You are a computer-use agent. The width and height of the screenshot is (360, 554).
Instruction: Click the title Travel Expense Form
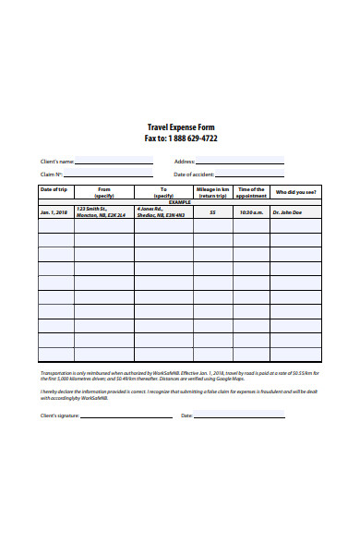(180, 127)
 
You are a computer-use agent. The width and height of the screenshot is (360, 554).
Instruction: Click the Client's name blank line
(114, 163)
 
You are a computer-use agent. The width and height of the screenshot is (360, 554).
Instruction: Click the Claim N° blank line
(109, 175)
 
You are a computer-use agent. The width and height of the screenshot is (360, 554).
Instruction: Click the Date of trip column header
(55, 189)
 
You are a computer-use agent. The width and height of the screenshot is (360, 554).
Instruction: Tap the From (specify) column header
(103, 192)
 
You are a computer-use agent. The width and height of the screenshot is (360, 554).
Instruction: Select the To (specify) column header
(163, 192)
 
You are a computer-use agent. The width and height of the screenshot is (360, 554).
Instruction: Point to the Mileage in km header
(212, 192)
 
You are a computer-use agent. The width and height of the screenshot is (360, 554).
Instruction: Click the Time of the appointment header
(250, 192)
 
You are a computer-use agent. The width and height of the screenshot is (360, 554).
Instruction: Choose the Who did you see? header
(295, 192)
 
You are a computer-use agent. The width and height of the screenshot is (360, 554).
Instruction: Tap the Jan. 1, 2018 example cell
(55, 212)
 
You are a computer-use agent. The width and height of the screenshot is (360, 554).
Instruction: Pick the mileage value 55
(212, 212)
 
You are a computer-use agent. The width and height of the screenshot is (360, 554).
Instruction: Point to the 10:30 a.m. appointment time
(250, 212)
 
